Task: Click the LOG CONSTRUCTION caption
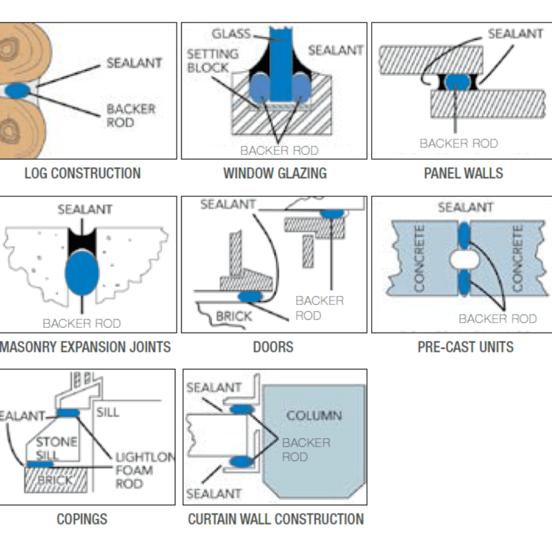82,173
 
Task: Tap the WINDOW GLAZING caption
275,173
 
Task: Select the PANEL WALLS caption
463,173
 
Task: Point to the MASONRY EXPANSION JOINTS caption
86,346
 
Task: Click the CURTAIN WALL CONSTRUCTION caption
275,519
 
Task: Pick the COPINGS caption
82,519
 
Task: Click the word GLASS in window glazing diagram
231,34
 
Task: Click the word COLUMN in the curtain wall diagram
314,416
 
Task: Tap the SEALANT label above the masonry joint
85,209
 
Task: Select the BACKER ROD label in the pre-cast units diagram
497,319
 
